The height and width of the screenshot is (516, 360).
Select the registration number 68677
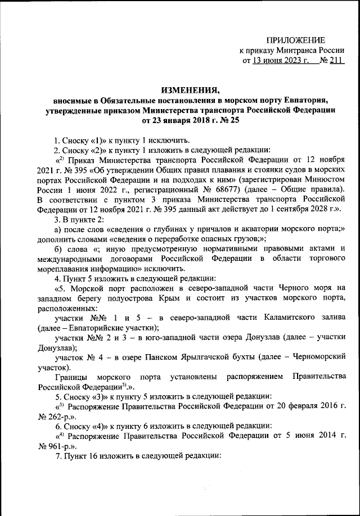click(x=260, y=191)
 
